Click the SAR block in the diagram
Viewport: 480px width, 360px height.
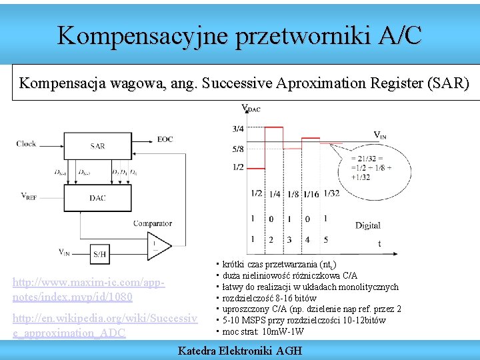(98, 145)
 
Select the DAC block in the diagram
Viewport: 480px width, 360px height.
(98, 197)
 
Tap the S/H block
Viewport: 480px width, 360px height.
(100, 254)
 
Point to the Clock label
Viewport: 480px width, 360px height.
(27, 143)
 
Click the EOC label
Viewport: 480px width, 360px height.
(165, 139)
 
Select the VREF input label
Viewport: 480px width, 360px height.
(29, 196)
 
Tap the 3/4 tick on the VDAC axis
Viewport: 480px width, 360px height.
(238, 129)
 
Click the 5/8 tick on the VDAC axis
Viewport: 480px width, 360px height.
(238, 149)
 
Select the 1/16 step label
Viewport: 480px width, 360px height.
(311, 194)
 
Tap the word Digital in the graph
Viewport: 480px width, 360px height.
(368, 225)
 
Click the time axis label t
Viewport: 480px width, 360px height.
(379, 244)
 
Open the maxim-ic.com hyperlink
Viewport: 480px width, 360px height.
(89, 290)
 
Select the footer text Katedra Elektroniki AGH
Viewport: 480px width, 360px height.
(240, 351)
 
